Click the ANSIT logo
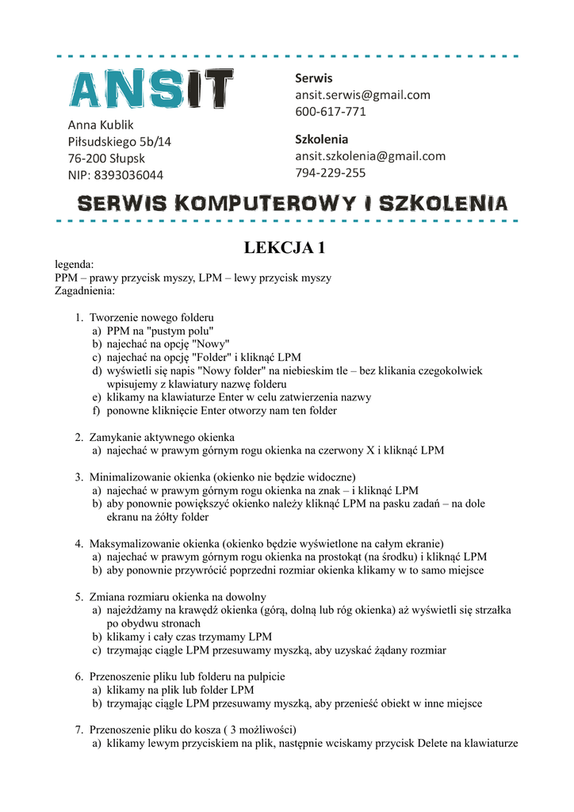[x=151, y=88]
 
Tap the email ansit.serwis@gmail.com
[x=362, y=94]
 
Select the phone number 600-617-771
[x=331, y=111]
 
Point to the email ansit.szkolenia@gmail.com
[x=370, y=155]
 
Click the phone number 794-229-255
[x=331, y=172]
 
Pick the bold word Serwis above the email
[x=314, y=78]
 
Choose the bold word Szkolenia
[x=321, y=138]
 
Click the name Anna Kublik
[x=101, y=124]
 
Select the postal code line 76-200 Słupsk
[x=106, y=158]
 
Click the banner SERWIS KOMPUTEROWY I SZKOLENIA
[x=291, y=203]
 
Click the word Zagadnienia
[x=85, y=291]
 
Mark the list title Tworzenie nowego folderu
[x=151, y=317]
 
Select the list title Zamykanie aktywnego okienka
[x=162, y=437]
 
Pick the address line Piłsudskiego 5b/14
[x=119, y=141]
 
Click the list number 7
[x=79, y=730]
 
